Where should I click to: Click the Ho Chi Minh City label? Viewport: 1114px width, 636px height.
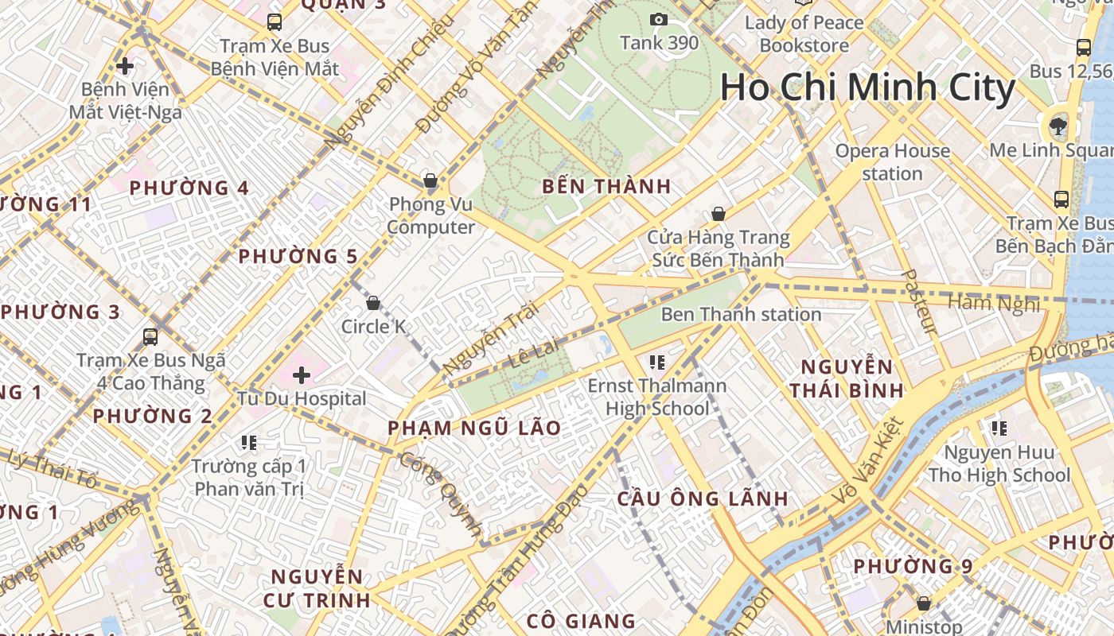click(867, 87)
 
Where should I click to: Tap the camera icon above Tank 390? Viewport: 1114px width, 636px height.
click(659, 20)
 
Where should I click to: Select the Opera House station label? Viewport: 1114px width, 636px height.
click(892, 162)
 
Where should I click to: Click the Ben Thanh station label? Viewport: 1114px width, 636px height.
click(741, 314)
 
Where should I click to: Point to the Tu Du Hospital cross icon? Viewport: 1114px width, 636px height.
click(302, 374)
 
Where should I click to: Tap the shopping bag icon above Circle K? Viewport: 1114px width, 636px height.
click(372, 303)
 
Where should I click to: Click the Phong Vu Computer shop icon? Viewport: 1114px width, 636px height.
click(430, 181)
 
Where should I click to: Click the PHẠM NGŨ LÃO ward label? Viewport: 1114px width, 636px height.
click(474, 429)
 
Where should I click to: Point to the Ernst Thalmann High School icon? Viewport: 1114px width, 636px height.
click(656, 363)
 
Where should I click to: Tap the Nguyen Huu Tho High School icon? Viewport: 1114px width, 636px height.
click(999, 429)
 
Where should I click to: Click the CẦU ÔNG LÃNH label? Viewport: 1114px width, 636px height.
click(703, 499)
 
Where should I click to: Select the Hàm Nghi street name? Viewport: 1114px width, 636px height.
click(994, 303)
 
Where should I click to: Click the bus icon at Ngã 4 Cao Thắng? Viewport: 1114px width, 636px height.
click(150, 337)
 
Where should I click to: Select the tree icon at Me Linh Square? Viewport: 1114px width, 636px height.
click(1058, 125)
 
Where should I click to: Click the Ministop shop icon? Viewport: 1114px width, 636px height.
click(923, 604)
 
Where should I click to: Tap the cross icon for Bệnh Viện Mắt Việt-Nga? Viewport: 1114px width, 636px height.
click(125, 65)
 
